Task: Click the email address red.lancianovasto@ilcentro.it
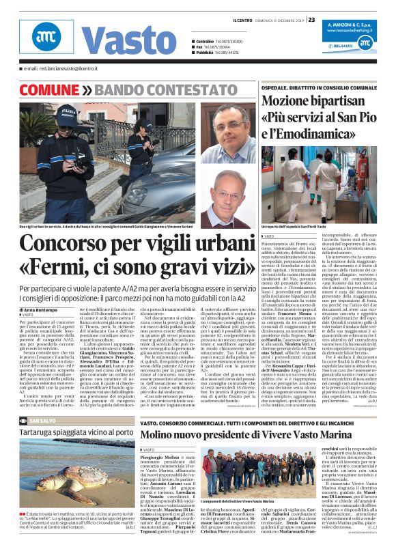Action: coord(61,69)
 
